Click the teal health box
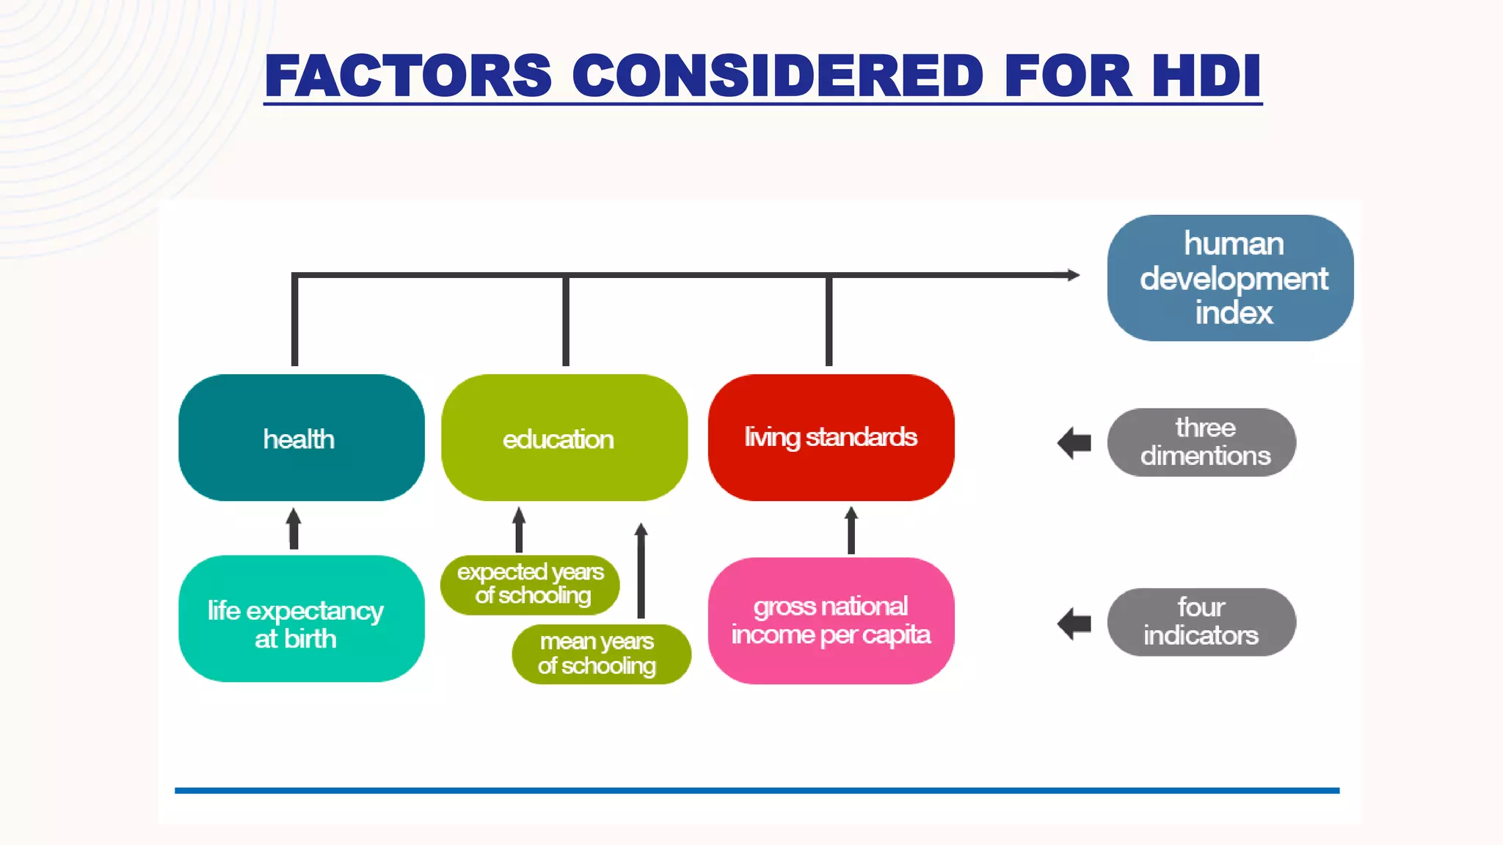tap(301, 438)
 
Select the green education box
tap(564, 438)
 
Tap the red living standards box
tap(831, 438)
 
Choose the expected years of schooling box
tap(530, 585)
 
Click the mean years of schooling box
tap(600, 654)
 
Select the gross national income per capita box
tap(831, 621)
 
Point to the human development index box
tap(1230, 278)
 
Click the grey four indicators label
tap(1201, 622)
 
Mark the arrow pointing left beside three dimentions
tap(1074, 443)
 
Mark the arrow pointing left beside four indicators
tap(1074, 623)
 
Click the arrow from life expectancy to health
tap(294, 528)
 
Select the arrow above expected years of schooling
tap(519, 530)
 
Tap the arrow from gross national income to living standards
tap(851, 530)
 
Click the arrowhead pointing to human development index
tap(1073, 275)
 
